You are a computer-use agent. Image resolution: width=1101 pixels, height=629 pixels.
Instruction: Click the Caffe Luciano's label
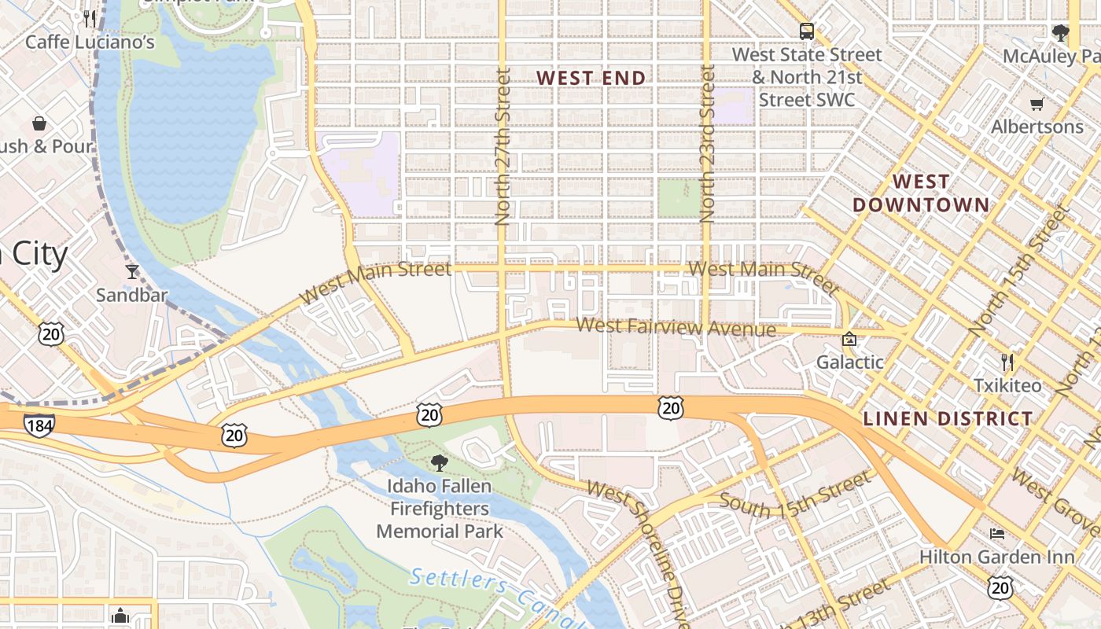click(90, 42)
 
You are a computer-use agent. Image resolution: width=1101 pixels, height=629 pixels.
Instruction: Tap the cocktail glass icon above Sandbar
click(132, 272)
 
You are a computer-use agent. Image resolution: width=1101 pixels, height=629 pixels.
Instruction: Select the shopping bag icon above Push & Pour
click(39, 123)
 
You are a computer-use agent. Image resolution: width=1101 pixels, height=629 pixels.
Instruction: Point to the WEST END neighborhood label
click(591, 78)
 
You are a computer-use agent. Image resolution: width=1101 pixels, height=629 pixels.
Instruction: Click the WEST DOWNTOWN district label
click(921, 193)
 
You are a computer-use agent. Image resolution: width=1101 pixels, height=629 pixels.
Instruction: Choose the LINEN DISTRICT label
click(948, 418)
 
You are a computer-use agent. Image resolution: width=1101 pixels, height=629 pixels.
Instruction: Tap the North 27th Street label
click(503, 147)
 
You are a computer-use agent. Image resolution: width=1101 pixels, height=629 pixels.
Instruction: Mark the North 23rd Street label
click(707, 145)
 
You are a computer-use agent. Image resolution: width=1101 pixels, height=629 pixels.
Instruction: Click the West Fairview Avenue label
click(676, 327)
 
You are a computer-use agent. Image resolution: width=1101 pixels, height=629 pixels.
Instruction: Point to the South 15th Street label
click(795, 495)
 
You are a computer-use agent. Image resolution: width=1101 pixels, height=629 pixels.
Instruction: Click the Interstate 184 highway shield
click(39, 425)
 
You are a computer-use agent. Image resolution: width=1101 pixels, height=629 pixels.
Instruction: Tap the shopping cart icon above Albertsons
click(1037, 104)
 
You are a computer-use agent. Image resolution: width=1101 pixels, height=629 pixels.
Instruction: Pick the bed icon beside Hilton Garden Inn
click(997, 534)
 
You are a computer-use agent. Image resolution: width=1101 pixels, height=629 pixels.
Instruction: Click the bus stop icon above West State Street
click(806, 32)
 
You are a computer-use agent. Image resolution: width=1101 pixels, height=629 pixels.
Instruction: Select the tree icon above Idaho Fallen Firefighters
click(440, 463)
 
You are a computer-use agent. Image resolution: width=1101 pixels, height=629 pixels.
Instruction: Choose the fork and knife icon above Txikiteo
click(1007, 362)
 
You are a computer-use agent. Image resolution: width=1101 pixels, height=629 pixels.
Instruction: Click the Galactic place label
click(849, 362)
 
